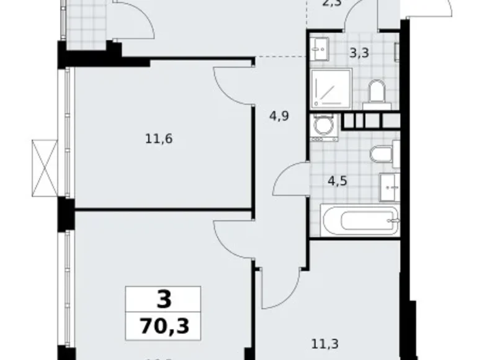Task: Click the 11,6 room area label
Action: click(158, 138)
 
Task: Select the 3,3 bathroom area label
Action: click(359, 53)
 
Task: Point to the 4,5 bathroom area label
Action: click(336, 182)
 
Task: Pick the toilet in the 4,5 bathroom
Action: click(381, 153)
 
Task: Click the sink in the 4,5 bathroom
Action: click(390, 184)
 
